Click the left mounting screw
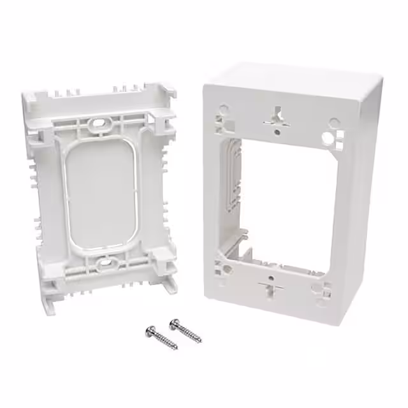click(162, 338)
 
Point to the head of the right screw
click(173, 323)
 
